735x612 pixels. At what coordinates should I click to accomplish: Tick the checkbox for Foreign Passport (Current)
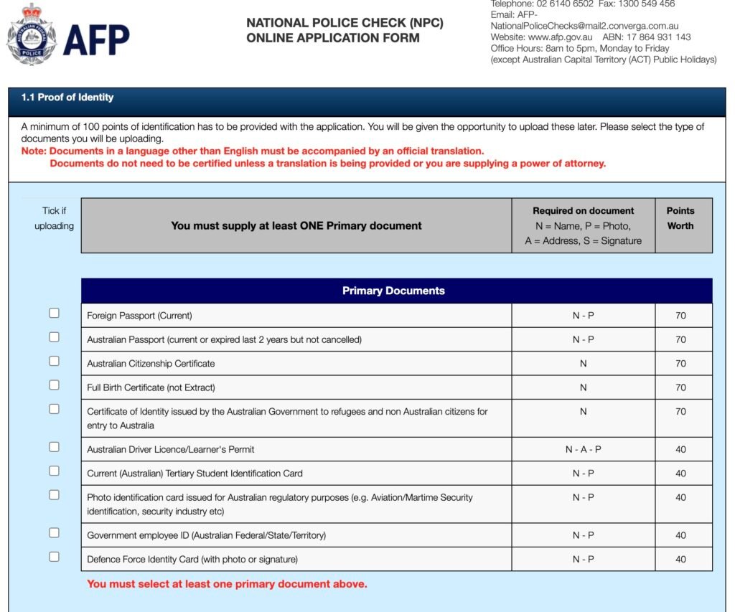click(54, 313)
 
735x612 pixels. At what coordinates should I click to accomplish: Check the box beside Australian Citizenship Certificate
click(54, 361)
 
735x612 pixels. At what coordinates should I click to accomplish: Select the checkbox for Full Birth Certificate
click(54, 385)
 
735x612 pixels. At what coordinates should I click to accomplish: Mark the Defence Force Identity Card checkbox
click(54, 556)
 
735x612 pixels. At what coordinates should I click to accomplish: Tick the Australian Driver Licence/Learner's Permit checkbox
click(54, 446)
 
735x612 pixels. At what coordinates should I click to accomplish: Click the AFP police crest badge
click(30, 34)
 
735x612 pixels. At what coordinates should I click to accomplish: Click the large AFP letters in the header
click(96, 40)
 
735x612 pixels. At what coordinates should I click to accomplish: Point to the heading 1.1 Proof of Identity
click(67, 98)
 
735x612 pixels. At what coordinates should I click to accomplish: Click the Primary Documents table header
click(393, 291)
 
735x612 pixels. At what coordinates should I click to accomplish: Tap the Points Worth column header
click(680, 218)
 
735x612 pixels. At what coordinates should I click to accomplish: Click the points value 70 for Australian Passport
click(680, 339)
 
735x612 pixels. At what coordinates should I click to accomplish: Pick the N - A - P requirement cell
click(583, 449)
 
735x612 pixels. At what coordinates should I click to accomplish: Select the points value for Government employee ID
click(680, 535)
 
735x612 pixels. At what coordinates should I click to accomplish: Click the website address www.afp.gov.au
click(560, 37)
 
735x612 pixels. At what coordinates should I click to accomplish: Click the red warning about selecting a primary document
click(227, 584)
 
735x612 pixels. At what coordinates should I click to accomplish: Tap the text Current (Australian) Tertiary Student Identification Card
click(195, 474)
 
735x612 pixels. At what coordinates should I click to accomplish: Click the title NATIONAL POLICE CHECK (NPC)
click(345, 23)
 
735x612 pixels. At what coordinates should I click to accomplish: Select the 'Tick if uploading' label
click(54, 218)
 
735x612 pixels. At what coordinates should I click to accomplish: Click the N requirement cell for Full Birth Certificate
click(583, 387)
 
